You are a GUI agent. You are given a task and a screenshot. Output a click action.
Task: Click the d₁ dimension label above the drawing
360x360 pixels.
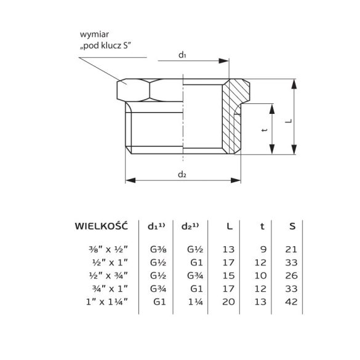tap(182, 55)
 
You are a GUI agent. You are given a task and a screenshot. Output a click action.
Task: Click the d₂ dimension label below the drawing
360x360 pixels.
tap(182, 174)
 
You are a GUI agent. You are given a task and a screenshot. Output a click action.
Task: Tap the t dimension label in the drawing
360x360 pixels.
tap(263, 130)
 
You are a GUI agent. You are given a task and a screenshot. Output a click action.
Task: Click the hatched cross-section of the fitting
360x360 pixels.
tap(234, 117)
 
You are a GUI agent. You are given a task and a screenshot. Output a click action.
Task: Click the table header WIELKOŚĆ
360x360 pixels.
tap(101, 226)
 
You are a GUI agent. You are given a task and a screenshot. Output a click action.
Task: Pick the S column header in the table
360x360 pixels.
tap(292, 226)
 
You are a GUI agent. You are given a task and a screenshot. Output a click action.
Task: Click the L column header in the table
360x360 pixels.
tap(230, 226)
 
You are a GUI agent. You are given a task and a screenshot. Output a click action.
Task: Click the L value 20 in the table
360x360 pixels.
tap(228, 301)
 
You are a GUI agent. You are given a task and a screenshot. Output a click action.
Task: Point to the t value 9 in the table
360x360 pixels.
tap(263, 249)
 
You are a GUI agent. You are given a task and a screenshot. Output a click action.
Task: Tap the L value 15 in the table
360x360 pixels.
tap(228, 275)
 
